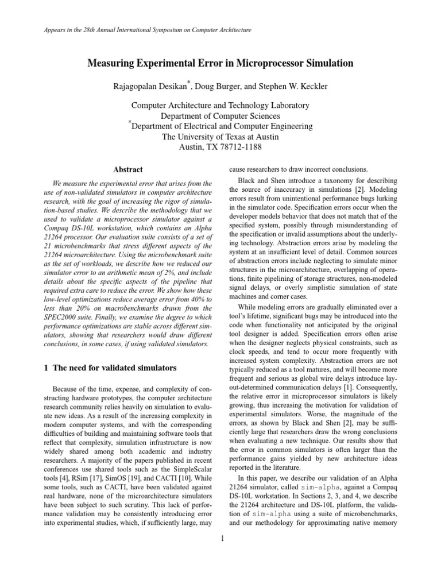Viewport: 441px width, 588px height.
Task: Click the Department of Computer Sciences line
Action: tap(220, 115)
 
